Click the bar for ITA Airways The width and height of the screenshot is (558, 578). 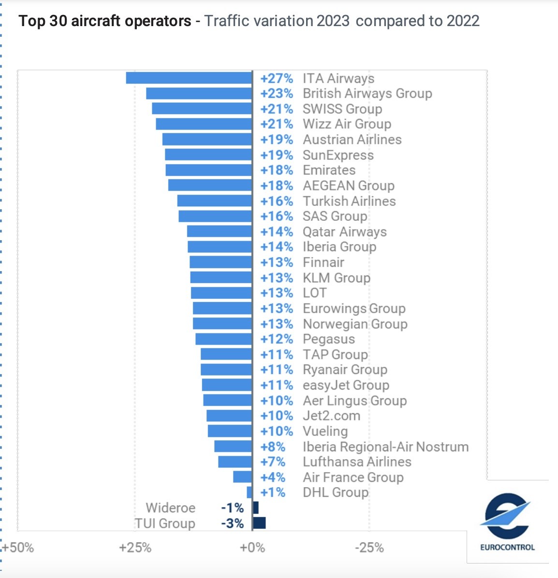(189, 78)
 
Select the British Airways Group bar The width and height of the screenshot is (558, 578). (199, 93)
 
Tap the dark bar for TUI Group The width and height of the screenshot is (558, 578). (259, 523)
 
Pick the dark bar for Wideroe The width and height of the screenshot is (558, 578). (256, 507)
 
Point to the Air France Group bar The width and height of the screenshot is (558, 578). (243, 477)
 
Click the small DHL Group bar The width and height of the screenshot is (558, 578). (250, 492)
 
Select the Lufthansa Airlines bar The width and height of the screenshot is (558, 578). (235, 462)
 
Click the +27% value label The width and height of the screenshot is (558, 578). (277, 78)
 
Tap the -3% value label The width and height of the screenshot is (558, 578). (232, 523)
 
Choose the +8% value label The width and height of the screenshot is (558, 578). (273, 447)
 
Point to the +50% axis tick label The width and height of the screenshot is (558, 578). (18, 548)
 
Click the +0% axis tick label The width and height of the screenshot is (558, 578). (252, 548)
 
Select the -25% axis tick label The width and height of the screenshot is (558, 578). (370, 548)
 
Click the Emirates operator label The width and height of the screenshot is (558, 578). (329, 170)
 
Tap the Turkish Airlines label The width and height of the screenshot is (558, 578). (349, 201)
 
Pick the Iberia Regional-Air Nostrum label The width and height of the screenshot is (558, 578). (385, 447)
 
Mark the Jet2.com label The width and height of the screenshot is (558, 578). (331, 416)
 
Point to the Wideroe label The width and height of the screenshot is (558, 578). (171, 508)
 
